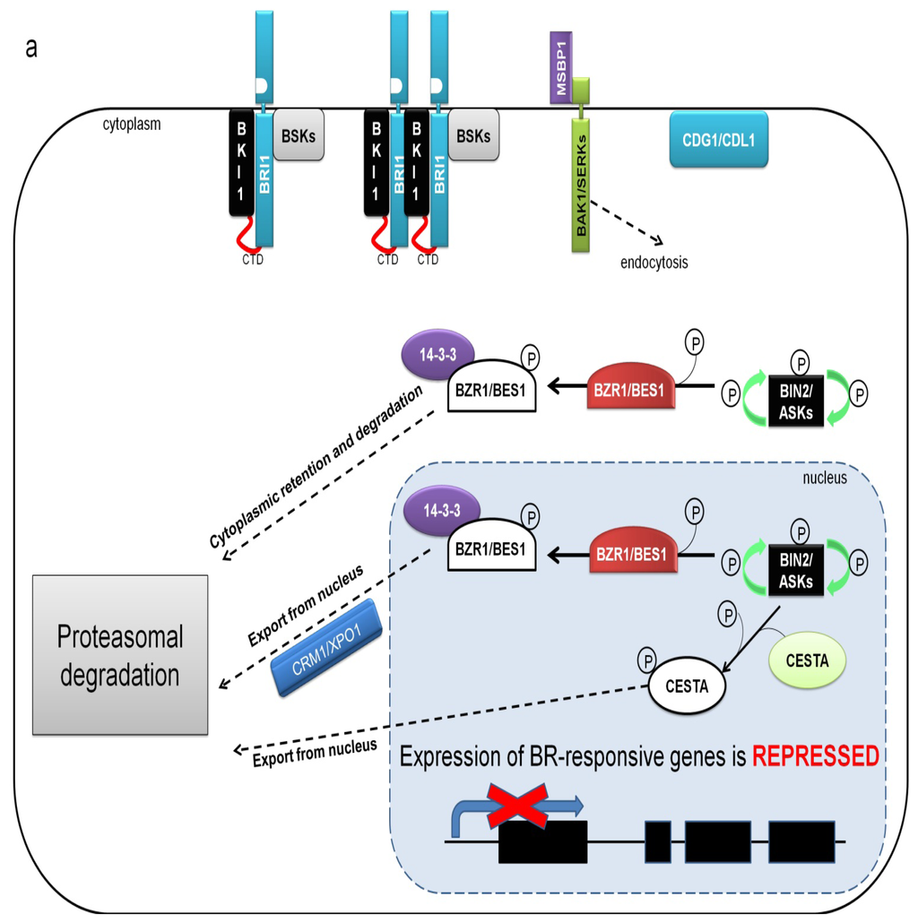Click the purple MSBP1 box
pyautogui.click(x=560, y=68)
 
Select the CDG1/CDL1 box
pyautogui.click(x=718, y=140)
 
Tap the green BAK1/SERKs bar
pyautogui.click(x=581, y=185)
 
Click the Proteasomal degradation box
pyautogui.click(x=120, y=654)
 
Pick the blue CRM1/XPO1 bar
pyautogui.click(x=327, y=648)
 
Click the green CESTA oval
pyautogui.click(x=807, y=660)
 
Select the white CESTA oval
pyautogui.click(x=687, y=686)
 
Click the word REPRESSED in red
pyautogui.click(x=816, y=756)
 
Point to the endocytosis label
pyautogui.click(x=654, y=263)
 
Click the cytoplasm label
pyautogui.click(x=131, y=125)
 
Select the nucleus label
pyautogui.click(x=825, y=478)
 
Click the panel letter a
pyautogui.click(x=31, y=47)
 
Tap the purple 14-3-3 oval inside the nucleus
pyautogui.click(x=442, y=511)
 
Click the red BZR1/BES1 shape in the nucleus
pyautogui.click(x=632, y=550)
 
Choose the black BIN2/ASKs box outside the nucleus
pyautogui.click(x=796, y=401)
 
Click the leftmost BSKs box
pyautogui.click(x=299, y=134)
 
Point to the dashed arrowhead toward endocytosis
pyautogui.click(x=658, y=240)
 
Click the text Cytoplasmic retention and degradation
pyautogui.click(x=316, y=467)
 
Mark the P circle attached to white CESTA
pyautogui.click(x=647, y=660)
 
